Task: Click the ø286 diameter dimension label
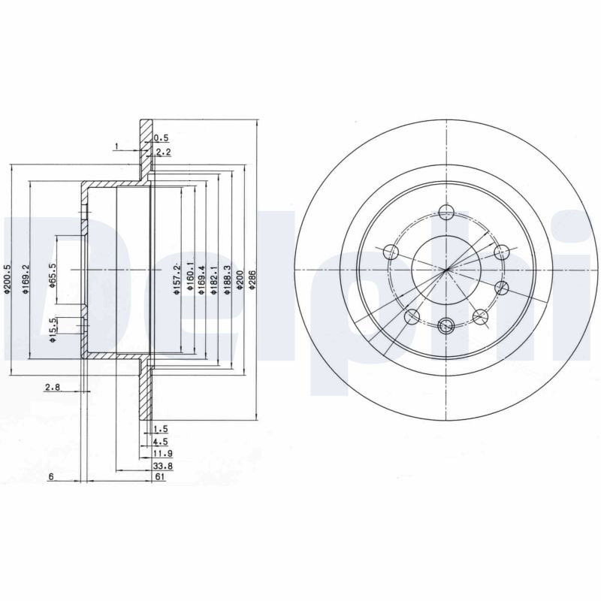point(252,279)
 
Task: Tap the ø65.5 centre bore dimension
point(53,275)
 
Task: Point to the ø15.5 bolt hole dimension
point(53,329)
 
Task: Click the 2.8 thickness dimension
point(53,388)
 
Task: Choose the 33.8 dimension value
point(163,466)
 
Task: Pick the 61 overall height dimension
point(159,477)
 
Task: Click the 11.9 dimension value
point(163,454)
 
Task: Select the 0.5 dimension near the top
point(161,138)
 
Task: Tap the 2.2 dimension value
point(163,153)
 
